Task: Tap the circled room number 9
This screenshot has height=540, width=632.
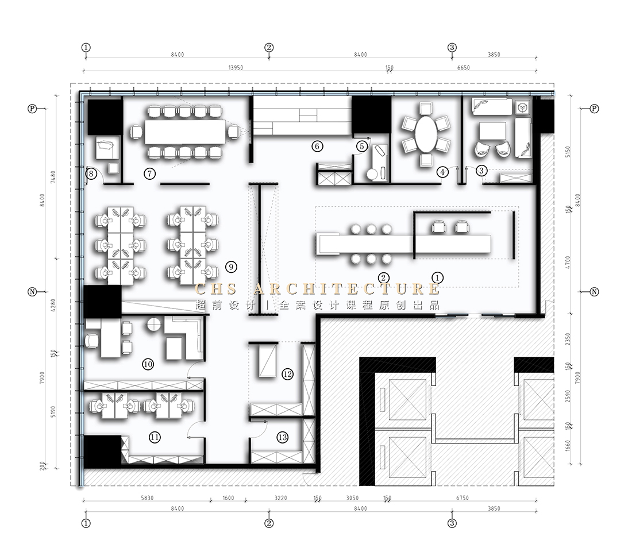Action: click(231, 266)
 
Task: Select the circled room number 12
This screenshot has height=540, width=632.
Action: click(288, 375)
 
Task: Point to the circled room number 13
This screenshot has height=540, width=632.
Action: click(282, 437)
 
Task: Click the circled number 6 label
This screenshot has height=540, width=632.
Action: click(317, 146)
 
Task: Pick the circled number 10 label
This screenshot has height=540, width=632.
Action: click(148, 364)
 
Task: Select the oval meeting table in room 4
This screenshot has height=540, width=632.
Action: click(426, 134)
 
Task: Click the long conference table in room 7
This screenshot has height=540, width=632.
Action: click(185, 132)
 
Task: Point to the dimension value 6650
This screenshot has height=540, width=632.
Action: click(463, 68)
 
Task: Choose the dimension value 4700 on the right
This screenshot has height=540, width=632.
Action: click(568, 262)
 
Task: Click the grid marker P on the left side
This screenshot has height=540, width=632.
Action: click(32, 108)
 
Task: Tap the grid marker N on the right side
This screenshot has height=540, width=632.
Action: click(595, 292)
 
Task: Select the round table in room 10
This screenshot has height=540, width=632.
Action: click(153, 325)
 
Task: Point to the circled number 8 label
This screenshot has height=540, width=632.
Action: click(90, 173)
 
